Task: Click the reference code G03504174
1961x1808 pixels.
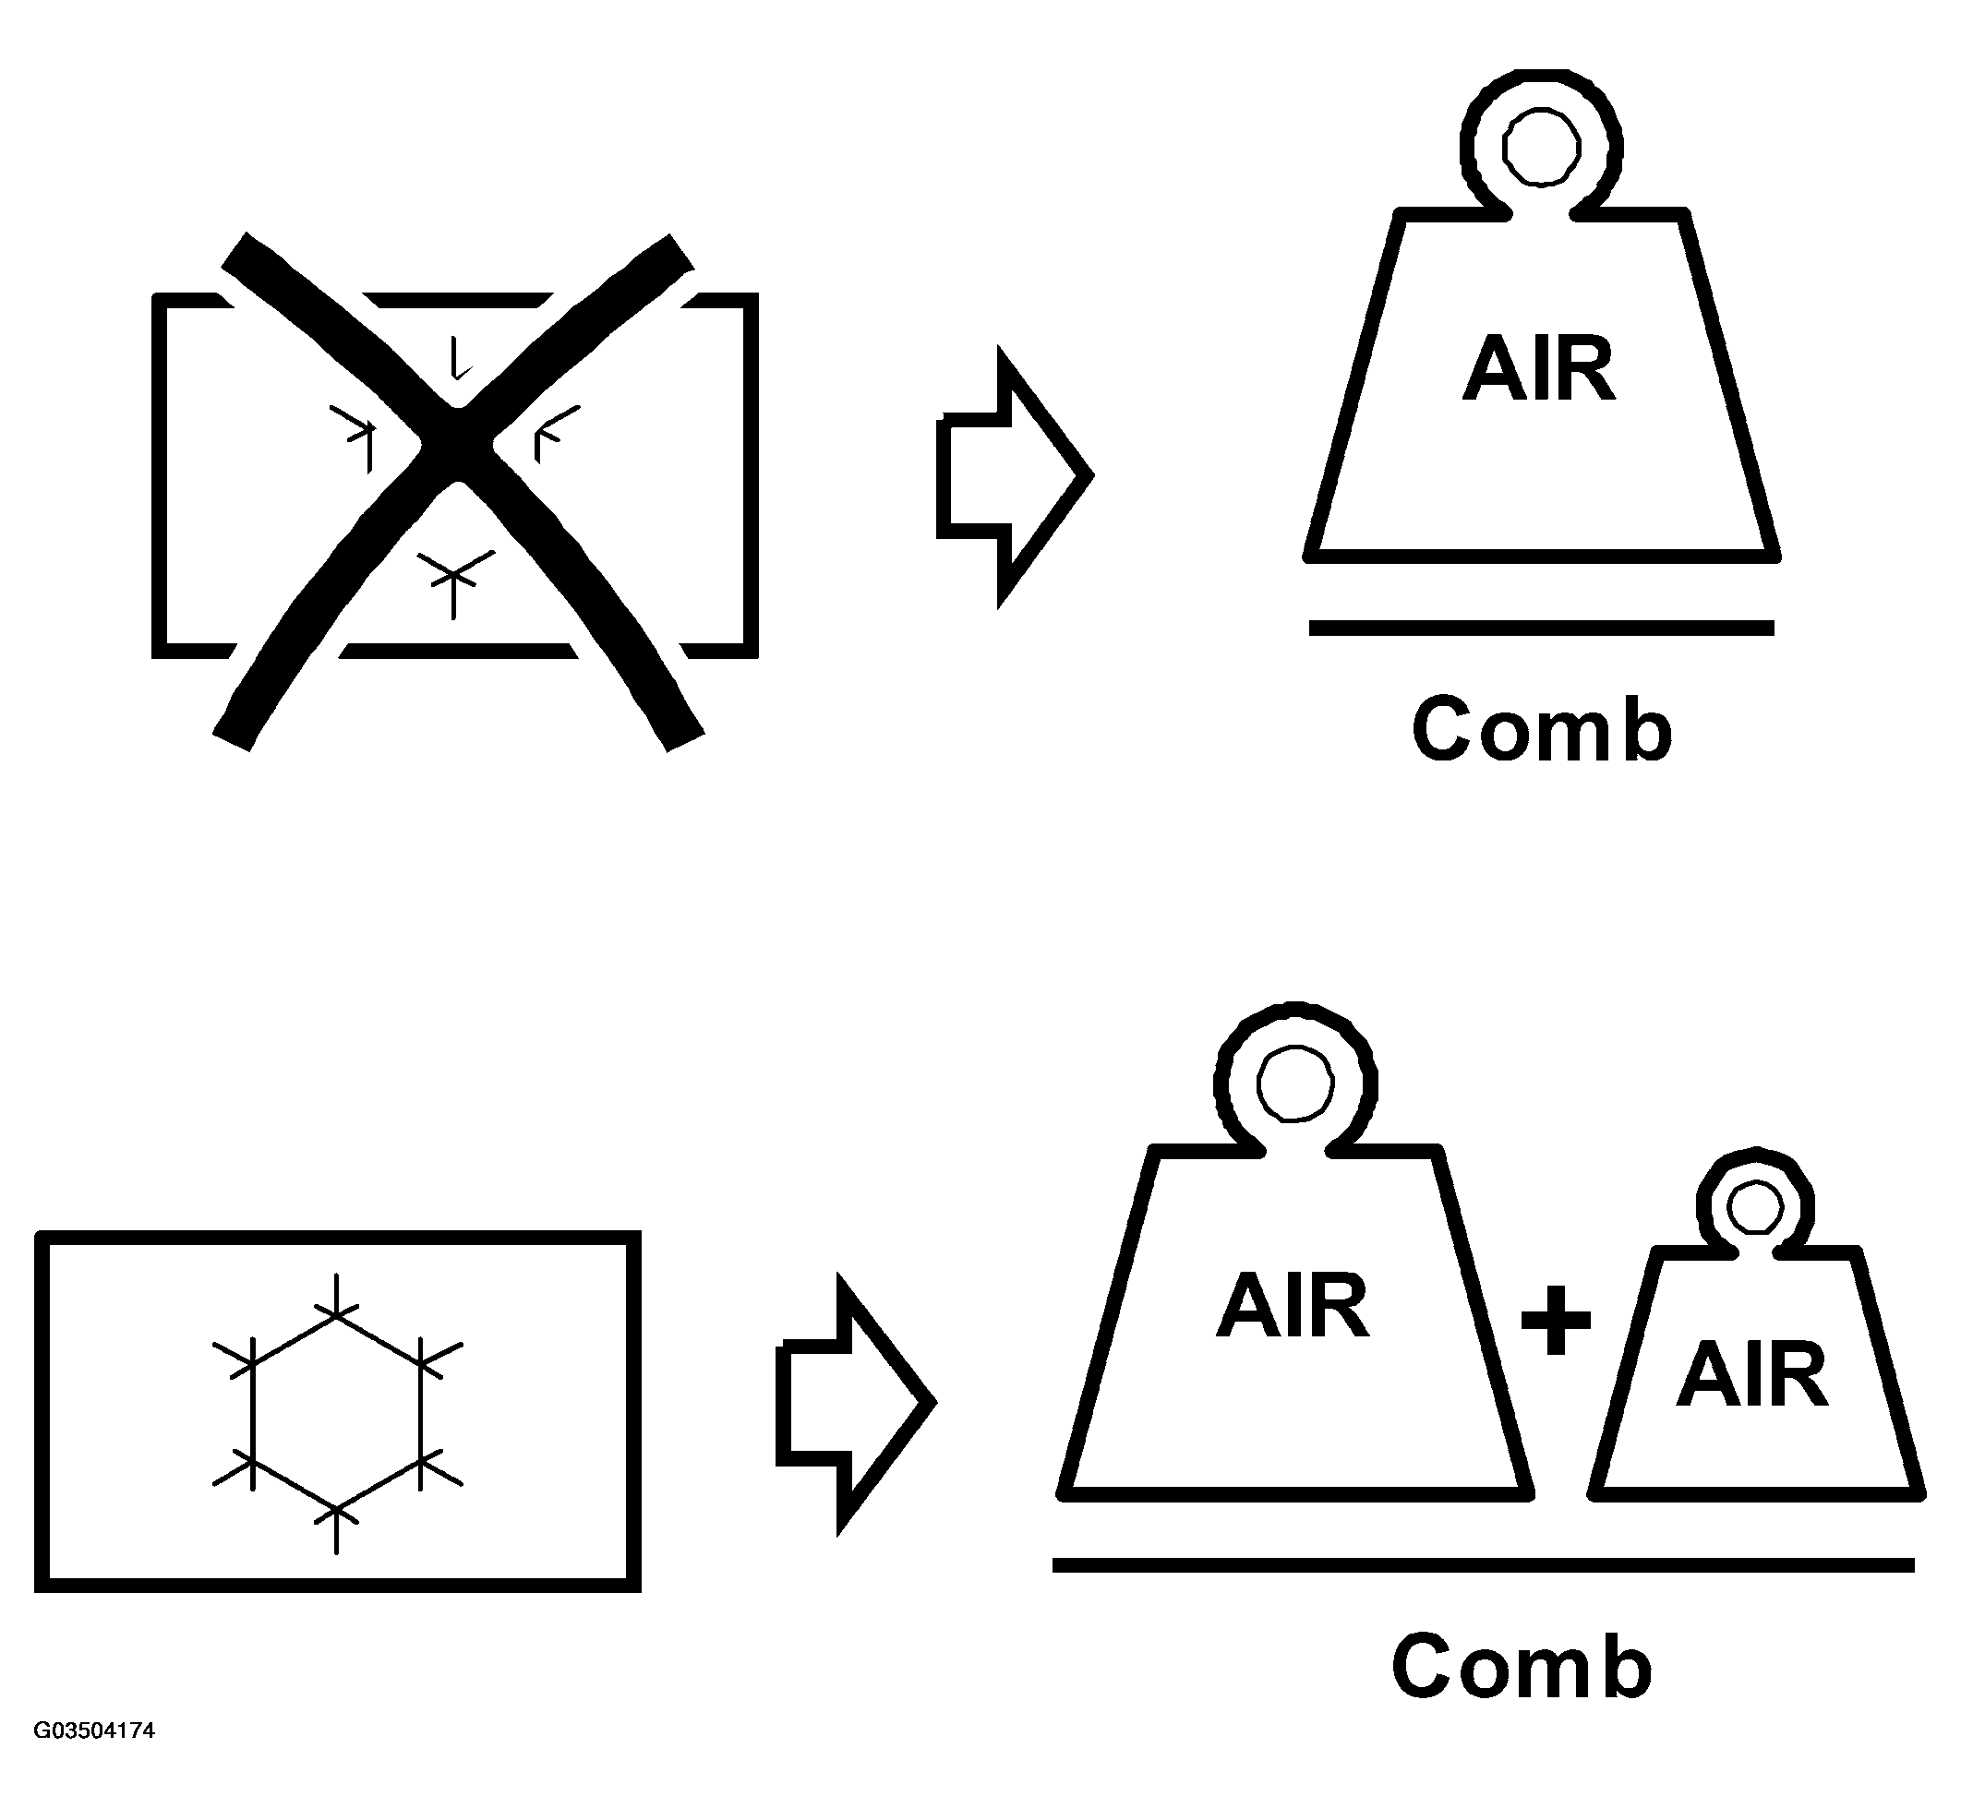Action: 94,1730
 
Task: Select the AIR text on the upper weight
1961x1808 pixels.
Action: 1539,369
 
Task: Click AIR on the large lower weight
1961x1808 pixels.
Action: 1293,1306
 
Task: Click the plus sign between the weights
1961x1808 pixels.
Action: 1556,1320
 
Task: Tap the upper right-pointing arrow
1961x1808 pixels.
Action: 1014,476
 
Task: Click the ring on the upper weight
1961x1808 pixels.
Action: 1541,147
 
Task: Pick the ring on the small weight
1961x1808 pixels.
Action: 1755,1206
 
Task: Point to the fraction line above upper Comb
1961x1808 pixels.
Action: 1541,629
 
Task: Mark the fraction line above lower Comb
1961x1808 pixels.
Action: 1483,1565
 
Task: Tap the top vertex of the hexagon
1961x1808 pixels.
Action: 337,1315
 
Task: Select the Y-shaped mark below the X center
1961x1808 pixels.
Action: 453,576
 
